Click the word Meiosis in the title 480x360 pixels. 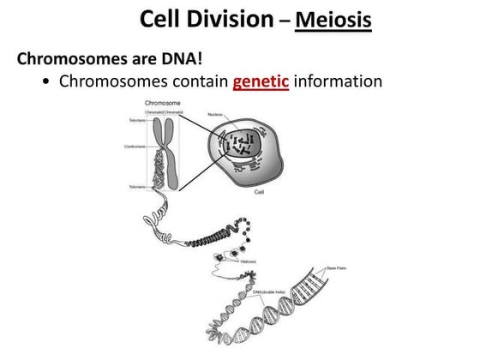(x=333, y=18)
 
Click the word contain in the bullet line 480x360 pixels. (x=199, y=83)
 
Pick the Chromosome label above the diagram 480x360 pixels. (x=161, y=104)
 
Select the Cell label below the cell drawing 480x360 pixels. (x=258, y=193)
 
